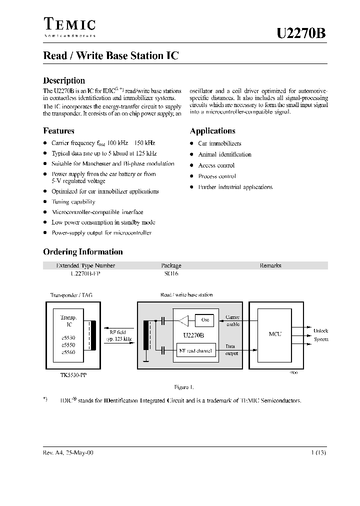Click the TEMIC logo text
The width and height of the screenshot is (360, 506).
pyautogui.click(x=69, y=24)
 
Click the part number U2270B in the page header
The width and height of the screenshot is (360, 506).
pyautogui.click(x=301, y=33)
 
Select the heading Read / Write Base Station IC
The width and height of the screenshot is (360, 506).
pyautogui.click(x=110, y=56)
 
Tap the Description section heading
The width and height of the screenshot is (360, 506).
pyautogui.click(x=64, y=80)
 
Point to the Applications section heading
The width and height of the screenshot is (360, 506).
pyautogui.click(x=212, y=131)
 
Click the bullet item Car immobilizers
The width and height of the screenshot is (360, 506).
pyautogui.click(x=219, y=143)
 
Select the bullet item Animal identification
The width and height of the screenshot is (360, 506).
pyautogui.click(x=224, y=154)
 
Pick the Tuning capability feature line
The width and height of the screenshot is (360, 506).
pyautogui.click(x=73, y=202)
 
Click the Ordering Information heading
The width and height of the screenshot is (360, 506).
pyautogui.click(x=82, y=252)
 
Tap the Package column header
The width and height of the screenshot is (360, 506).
pyautogui.click(x=171, y=265)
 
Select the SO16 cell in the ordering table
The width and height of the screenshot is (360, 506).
pyautogui.click(x=171, y=274)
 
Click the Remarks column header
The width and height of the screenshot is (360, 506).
pyautogui.click(x=270, y=265)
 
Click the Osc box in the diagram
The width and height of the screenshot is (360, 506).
pyautogui.click(x=205, y=319)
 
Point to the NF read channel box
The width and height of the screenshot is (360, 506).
pyautogui.click(x=195, y=351)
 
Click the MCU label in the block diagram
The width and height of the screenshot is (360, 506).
pyautogui.click(x=275, y=334)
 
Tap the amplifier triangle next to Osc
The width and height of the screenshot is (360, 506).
pyautogui.click(x=185, y=319)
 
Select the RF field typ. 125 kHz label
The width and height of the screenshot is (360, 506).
pyautogui.click(x=118, y=335)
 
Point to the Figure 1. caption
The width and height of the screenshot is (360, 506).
pyautogui.click(x=183, y=387)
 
